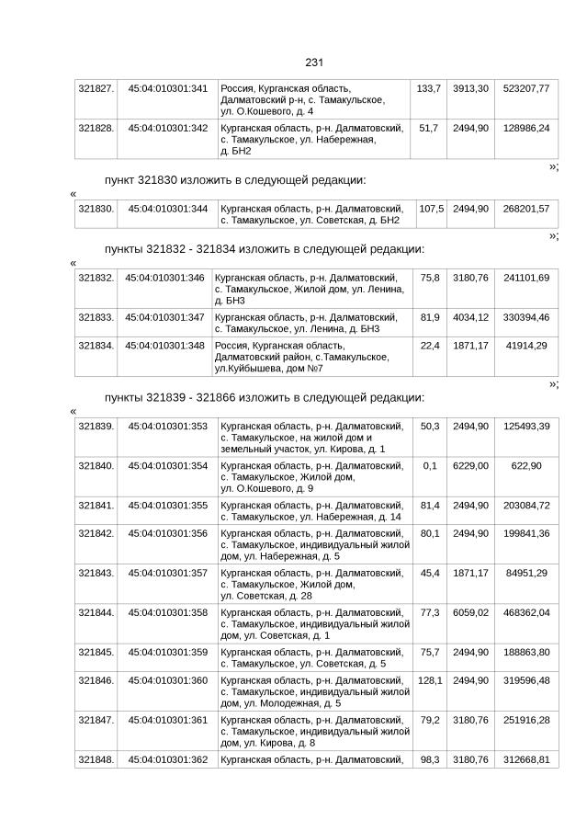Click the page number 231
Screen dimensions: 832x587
(313, 63)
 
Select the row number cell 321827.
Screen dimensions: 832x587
(96, 88)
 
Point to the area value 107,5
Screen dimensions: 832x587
(431, 209)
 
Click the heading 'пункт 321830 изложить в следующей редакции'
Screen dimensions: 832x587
(235, 179)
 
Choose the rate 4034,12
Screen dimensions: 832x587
(470, 317)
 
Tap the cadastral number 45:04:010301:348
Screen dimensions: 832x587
(164, 345)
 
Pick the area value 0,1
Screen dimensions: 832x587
(429, 466)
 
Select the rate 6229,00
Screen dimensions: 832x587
(470, 466)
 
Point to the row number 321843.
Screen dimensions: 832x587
(96, 573)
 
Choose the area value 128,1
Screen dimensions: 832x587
(429, 680)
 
